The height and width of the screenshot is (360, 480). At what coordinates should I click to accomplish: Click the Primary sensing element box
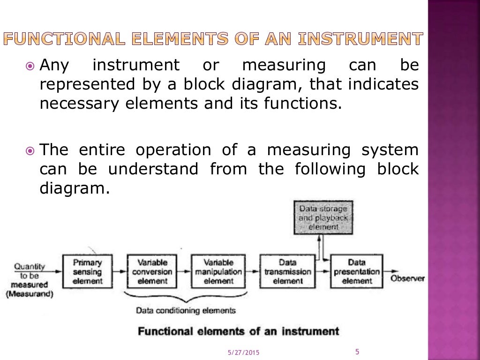click(x=87, y=271)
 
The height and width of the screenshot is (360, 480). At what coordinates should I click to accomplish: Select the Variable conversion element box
click(x=152, y=271)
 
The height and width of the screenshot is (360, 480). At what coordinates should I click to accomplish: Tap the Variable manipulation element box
click(x=218, y=271)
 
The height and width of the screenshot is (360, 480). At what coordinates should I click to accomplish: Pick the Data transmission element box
click(x=287, y=271)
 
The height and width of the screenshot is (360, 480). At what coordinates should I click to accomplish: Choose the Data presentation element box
click(x=357, y=271)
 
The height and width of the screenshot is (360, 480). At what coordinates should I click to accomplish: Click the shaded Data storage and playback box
click(x=323, y=217)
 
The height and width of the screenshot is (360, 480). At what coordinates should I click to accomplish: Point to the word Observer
click(x=407, y=278)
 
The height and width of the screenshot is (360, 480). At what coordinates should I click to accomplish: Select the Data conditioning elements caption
click(x=186, y=310)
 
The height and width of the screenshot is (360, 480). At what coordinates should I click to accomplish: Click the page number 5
click(x=357, y=352)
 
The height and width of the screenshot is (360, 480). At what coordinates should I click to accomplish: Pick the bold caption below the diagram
click(x=238, y=331)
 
